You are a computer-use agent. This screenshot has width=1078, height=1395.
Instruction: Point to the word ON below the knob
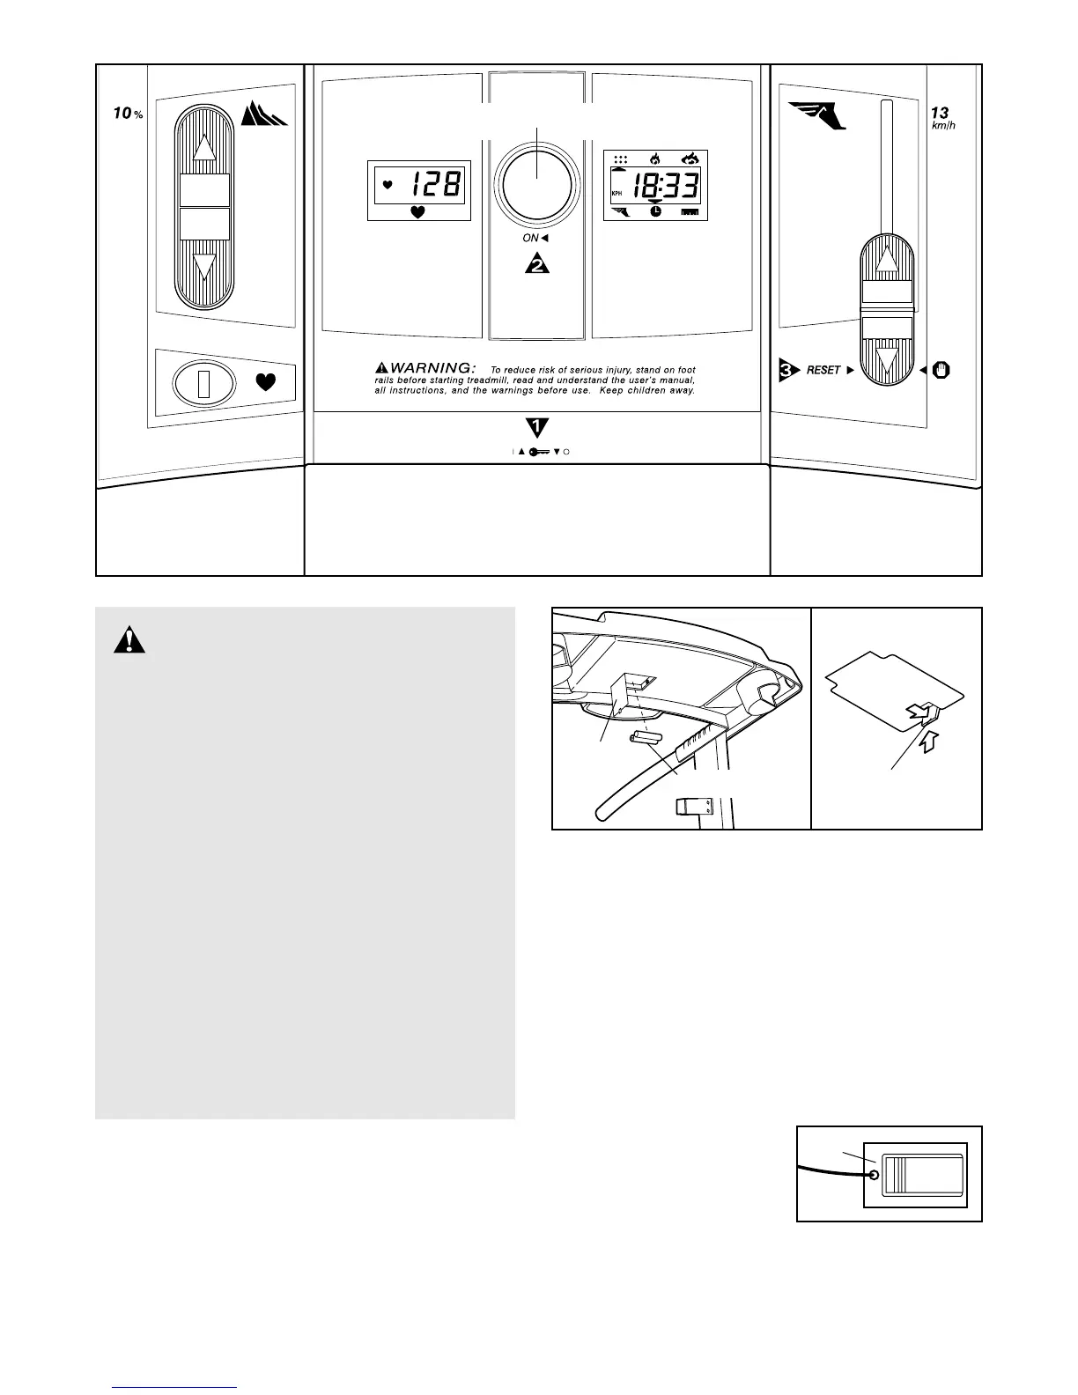click(x=530, y=238)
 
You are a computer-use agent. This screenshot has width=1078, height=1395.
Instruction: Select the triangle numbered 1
click(x=536, y=428)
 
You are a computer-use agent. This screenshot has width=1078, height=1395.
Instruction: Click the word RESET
click(x=823, y=371)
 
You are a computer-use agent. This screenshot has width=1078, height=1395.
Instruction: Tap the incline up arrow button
click(x=204, y=147)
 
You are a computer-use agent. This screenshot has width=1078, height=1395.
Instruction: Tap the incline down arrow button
click(x=204, y=266)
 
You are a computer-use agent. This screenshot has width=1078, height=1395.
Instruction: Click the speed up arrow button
click(x=887, y=261)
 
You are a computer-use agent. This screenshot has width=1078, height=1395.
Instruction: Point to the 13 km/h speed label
click(x=941, y=118)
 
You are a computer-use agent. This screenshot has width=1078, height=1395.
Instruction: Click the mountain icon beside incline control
click(x=264, y=115)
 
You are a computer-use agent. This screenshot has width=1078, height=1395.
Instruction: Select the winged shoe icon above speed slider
click(x=817, y=115)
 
